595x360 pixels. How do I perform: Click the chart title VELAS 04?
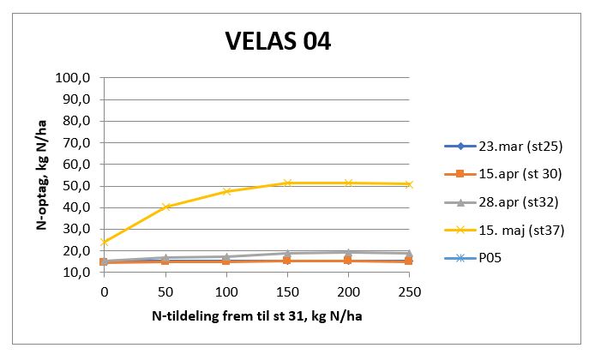(277, 41)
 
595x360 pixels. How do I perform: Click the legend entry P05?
(484, 257)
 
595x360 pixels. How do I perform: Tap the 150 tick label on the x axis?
(287, 291)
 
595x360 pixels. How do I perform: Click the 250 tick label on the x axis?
(409, 291)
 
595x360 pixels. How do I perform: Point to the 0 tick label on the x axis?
(104, 291)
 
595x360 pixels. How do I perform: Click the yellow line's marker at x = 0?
(104, 242)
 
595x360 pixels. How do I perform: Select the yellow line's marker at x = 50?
(166, 207)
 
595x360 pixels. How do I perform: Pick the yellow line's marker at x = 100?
(226, 191)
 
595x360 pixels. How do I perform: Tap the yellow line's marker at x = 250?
(409, 183)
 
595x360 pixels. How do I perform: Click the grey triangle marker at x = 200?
(348, 252)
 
